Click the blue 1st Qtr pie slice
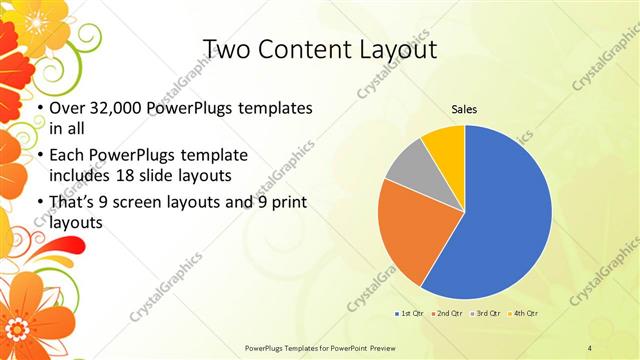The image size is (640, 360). [x=500, y=220]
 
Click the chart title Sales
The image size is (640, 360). [x=464, y=109]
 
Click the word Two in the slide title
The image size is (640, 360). [x=226, y=49]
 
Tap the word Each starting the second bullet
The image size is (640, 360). [x=68, y=156]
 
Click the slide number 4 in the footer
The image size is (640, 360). [x=590, y=347]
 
